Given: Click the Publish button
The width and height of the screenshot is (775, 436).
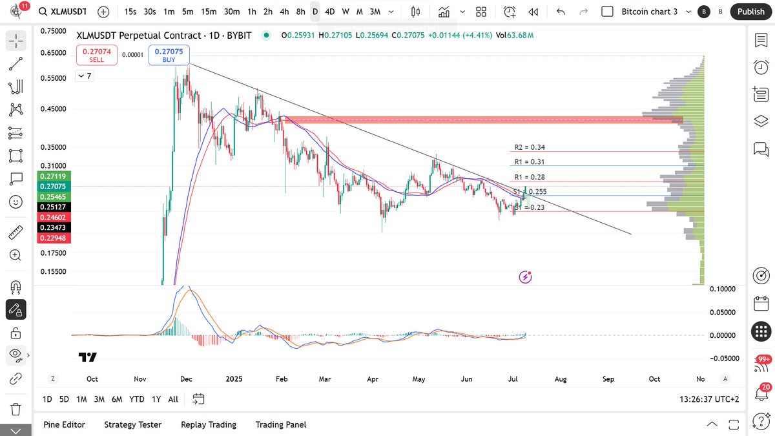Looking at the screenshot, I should [x=750, y=12].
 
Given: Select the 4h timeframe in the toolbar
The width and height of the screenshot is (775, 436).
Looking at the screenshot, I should [x=285, y=12].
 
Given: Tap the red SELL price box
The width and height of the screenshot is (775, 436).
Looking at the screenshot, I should [x=96, y=55].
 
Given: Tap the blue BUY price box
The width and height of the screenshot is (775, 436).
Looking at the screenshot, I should [x=169, y=55].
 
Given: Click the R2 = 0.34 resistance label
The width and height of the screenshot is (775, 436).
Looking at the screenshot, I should [x=530, y=147].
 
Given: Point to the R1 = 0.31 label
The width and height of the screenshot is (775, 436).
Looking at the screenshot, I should [x=530, y=162].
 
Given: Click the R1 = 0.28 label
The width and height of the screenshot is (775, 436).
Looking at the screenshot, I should [x=530, y=177].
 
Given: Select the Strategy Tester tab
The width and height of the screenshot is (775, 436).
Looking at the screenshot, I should [x=132, y=424].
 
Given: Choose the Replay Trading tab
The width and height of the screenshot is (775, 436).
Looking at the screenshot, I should [x=208, y=424].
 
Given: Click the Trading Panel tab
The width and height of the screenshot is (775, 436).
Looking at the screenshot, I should [x=280, y=424].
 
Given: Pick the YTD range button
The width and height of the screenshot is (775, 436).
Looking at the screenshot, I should [x=136, y=399].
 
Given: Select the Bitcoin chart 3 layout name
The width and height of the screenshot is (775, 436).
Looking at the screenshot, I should [x=650, y=12].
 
